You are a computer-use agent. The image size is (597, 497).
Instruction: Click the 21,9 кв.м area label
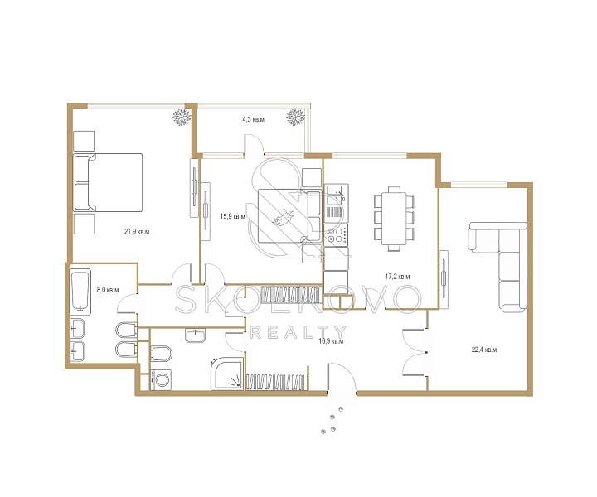click(x=137, y=232)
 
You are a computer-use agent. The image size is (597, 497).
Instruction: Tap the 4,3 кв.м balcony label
click(x=253, y=119)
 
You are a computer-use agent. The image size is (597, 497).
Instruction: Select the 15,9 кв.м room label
click(x=233, y=216)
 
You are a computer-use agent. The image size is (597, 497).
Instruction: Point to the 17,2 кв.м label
click(x=397, y=277)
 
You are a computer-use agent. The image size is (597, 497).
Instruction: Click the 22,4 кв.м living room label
click(x=484, y=350)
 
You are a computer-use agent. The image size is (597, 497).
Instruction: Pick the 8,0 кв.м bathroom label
click(x=108, y=290)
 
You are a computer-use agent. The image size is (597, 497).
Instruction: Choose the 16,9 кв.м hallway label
click(x=331, y=341)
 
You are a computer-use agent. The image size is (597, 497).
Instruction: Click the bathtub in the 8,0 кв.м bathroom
click(x=80, y=292)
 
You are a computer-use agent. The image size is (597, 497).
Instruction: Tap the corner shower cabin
click(x=227, y=374)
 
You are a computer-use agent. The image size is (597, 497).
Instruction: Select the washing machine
click(x=162, y=379)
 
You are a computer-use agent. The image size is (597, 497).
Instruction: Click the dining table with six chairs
click(x=394, y=219)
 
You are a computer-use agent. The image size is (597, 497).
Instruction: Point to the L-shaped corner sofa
click(x=498, y=267)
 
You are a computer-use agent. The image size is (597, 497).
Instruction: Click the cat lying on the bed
click(x=284, y=218)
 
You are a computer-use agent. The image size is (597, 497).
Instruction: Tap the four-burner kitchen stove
click(x=336, y=234)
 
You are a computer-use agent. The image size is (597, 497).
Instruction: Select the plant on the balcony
click(x=295, y=117)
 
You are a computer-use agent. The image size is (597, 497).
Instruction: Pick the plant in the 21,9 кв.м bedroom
click(x=182, y=117)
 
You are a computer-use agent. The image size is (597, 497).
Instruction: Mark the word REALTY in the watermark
click(x=298, y=332)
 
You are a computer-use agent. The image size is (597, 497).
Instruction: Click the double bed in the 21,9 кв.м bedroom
click(x=108, y=182)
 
